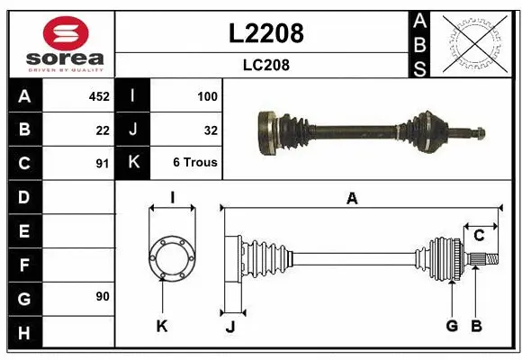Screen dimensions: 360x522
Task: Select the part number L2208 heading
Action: click(266, 33)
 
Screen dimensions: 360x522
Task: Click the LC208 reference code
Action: click(266, 65)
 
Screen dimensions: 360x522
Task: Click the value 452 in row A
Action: click(97, 95)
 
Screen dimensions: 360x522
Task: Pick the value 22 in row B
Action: click(103, 130)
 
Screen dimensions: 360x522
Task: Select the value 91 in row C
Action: click(103, 164)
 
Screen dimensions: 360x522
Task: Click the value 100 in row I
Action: click(207, 95)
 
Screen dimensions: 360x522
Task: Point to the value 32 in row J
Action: click(211, 130)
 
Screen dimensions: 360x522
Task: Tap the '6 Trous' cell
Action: click(195, 164)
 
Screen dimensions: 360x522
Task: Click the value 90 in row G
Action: click(102, 296)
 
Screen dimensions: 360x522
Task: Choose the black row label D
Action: click(24, 196)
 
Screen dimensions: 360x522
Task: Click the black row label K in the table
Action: click(133, 164)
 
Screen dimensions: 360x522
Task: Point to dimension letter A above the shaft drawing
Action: click(352, 199)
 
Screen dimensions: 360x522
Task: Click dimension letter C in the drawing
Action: click(479, 236)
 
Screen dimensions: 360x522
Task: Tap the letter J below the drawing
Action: click(229, 327)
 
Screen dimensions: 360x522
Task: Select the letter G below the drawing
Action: click(452, 326)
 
